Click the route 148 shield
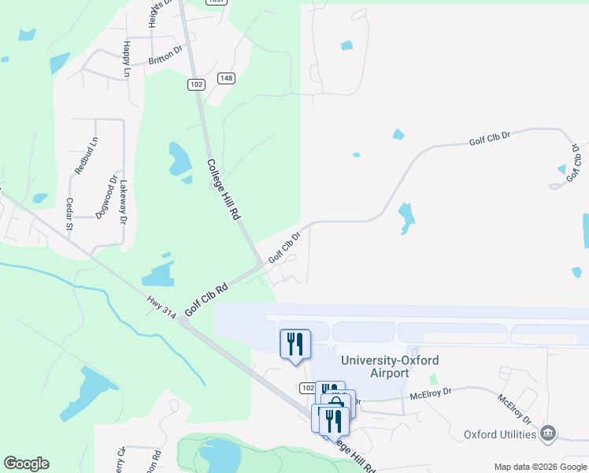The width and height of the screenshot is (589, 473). pos(227,77)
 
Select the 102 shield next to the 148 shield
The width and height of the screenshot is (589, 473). pos(197,84)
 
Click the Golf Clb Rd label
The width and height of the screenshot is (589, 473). pos(206,300)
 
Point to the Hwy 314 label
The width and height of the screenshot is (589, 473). pos(161,306)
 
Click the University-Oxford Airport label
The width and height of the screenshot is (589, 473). pos(390,367)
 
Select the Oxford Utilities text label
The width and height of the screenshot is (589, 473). pos(500,434)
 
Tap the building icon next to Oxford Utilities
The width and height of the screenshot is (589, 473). pos(549,433)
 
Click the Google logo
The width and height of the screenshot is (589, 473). pos(26,464)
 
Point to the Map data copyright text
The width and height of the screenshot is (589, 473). pos(540,467)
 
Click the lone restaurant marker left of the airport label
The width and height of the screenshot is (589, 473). pos(295,344)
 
